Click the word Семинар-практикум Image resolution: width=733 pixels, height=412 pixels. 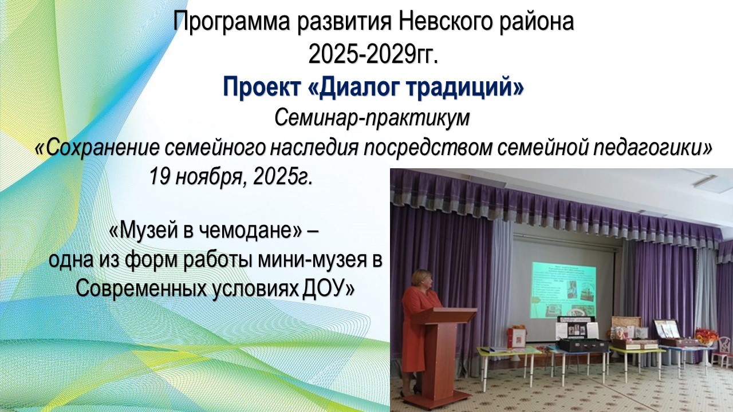[372, 118]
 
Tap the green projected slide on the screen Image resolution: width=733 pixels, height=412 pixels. [565, 290]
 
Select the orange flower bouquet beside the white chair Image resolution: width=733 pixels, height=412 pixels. [707, 335]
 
